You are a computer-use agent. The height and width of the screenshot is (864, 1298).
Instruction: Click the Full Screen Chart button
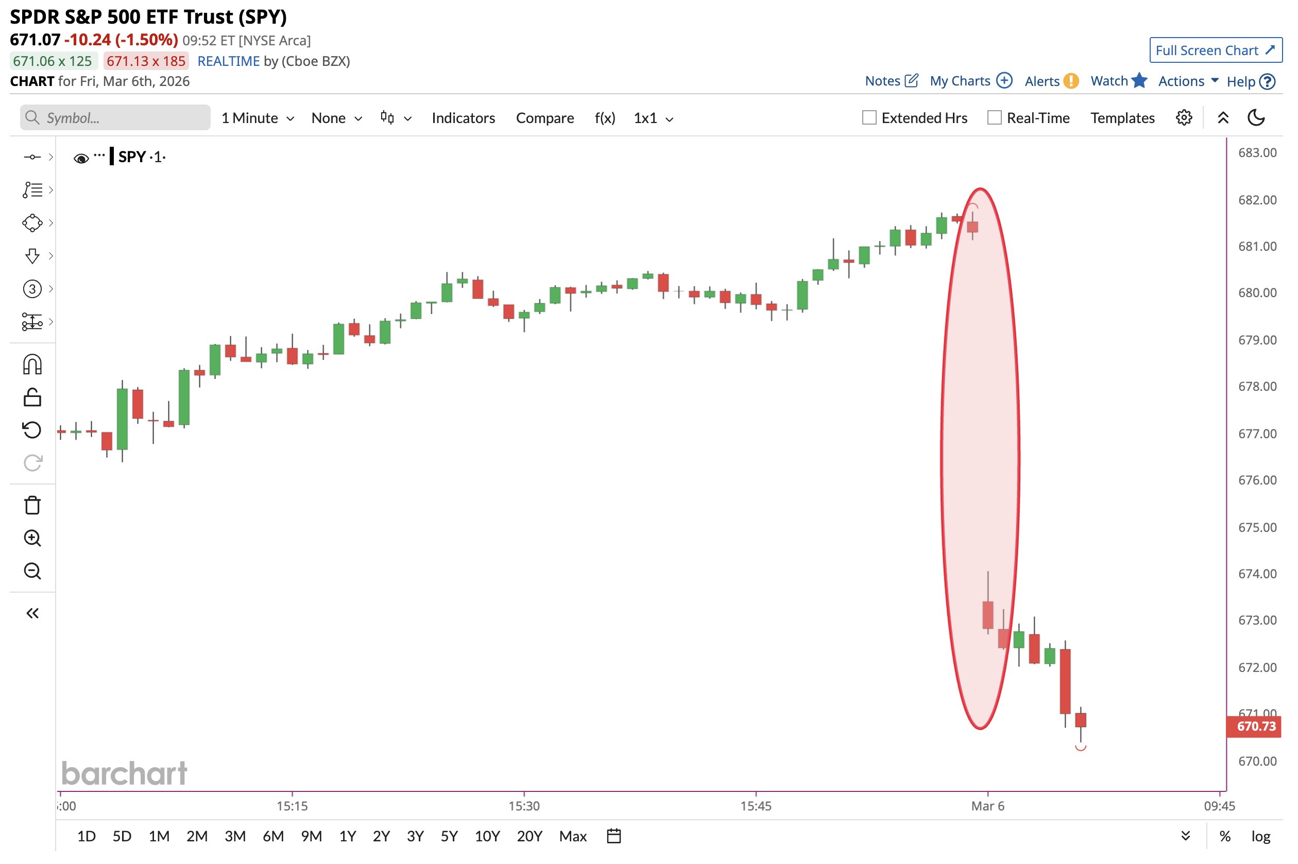[1215, 50]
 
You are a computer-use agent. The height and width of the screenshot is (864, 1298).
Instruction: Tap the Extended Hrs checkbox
[868, 118]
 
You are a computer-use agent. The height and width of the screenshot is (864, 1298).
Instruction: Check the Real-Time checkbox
[994, 118]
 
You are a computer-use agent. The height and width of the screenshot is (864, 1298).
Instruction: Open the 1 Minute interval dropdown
[258, 118]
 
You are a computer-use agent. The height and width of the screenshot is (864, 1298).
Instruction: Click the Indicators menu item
[463, 118]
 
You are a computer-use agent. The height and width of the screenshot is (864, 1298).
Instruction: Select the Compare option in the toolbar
[544, 118]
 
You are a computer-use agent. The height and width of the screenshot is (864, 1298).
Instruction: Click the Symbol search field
[116, 118]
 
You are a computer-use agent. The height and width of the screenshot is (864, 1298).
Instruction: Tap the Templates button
[1122, 118]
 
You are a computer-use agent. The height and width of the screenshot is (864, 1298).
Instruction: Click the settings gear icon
[1183, 118]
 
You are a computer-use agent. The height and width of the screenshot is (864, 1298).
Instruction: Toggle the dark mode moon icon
[1256, 118]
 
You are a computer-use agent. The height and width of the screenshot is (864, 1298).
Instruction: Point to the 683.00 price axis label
[1257, 152]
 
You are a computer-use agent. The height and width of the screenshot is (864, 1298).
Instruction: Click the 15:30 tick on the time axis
[524, 806]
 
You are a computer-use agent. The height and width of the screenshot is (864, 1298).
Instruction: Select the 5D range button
[122, 836]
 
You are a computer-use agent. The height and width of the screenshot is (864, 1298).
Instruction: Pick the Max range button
[573, 836]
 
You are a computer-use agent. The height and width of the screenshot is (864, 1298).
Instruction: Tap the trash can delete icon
[32, 505]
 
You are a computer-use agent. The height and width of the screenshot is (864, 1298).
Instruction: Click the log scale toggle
[1260, 836]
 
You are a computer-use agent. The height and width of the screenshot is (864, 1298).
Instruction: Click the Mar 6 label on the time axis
[987, 806]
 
